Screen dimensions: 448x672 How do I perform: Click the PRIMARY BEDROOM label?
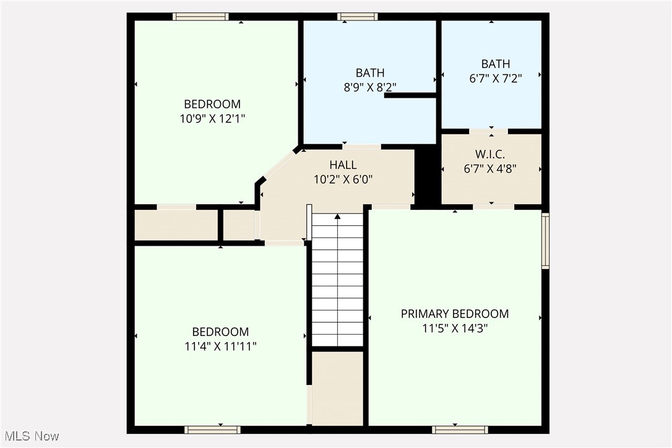pyautogui.click(x=455, y=314)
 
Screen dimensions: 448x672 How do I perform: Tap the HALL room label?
pyautogui.click(x=343, y=165)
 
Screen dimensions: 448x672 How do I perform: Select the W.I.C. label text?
pyautogui.click(x=490, y=153)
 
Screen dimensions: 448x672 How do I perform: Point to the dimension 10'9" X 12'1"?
pyautogui.click(x=212, y=118)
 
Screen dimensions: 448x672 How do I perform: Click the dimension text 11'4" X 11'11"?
pyautogui.click(x=220, y=346)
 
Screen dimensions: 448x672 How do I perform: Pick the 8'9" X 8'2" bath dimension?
pyautogui.click(x=370, y=87)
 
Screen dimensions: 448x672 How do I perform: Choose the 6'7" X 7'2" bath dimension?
pyautogui.click(x=496, y=79)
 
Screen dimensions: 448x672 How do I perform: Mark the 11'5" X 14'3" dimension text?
pyautogui.click(x=455, y=329)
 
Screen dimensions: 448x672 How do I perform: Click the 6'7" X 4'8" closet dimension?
pyautogui.click(x=490, y=168)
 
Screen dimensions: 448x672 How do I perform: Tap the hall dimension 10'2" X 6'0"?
pyautogui.click(x=343, y=179)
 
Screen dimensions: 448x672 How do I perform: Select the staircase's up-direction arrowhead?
pyautogui.click(x=337, y=217)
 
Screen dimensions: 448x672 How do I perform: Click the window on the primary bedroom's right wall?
pyautogui.click(x=545, y=241)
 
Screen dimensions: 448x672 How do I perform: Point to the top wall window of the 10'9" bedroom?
pyautogui.click(x=200, y=17)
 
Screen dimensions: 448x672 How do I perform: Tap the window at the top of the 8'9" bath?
pyautogui.click(x=358, y=17)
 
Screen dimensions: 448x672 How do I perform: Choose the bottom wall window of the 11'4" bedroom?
pyautogui.click(x=212, y=429)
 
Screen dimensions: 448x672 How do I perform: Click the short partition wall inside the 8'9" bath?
pyautogui.click(x=411, y=95)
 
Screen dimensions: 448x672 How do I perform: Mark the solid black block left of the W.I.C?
pyautogui.click(x=426, y=176)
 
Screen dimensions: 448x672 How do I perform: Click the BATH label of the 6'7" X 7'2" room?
pyautogui.click(x=496, y=64)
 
